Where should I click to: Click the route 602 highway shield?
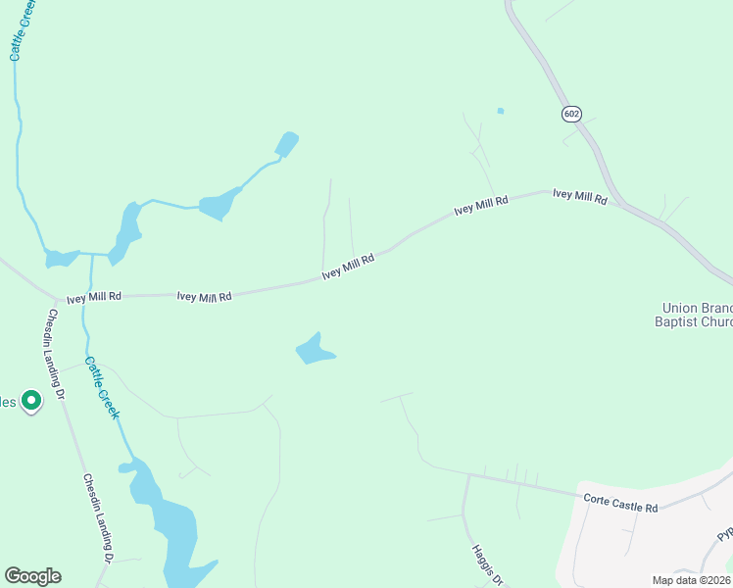click(571, 115)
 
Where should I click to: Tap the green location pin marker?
click(31, 401)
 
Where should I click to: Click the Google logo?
click(32, 576)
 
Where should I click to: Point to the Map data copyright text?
click(692, 580)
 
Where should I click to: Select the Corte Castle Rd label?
click(620, 503)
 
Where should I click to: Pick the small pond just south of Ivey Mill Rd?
click(315, 350)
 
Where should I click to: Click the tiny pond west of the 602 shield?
click(500, 111)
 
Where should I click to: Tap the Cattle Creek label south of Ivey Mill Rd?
click(102, 387)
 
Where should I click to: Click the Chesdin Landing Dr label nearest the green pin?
click(53, 355)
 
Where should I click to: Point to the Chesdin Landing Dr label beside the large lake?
click(98, 517)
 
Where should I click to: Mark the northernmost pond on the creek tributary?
click(287, 145)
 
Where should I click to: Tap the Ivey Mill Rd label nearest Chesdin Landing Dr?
click(93, 296)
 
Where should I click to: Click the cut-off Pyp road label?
click(724, 535)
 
